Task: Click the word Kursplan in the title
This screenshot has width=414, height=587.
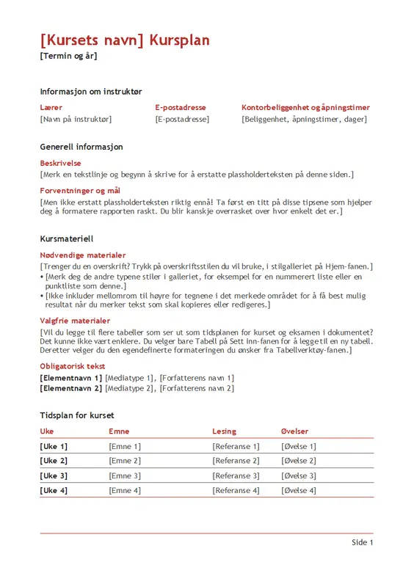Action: click(179, 40)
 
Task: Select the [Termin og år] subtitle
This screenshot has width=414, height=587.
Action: click(68, 56)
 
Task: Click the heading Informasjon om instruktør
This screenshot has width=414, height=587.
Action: click(91, 92)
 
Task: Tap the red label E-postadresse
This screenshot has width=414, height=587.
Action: click(181, 107)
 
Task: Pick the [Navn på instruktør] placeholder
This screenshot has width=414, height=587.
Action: click(76, 119)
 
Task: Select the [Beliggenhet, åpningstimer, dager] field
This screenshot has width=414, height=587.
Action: click(304, 119)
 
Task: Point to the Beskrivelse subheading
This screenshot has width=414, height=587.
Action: click(60, 163)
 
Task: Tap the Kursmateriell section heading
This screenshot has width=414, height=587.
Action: click(67, 238)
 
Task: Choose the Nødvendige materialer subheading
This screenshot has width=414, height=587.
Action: click(83, 255)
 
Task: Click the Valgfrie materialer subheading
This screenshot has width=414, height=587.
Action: click(75, 321)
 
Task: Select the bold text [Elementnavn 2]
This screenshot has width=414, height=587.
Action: click(71, 388)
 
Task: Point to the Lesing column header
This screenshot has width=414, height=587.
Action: click(224, 431)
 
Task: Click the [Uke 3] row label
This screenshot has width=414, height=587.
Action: click(54, 475)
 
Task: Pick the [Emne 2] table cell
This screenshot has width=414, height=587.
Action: click(124, 461)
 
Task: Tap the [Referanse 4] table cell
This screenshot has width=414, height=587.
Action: click(236, 490)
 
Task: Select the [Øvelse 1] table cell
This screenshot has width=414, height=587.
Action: click(298, 446)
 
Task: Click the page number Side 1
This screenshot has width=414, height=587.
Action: click(362, 542)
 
